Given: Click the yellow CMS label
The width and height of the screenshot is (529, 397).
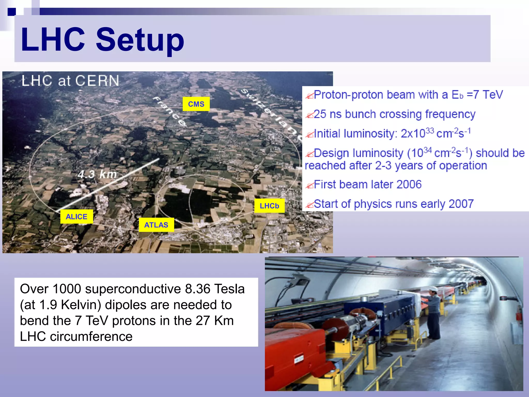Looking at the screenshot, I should pyautogui.click(x=196, y=104).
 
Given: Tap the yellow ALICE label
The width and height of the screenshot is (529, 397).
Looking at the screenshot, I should pyautogui.click(x=76, y=217).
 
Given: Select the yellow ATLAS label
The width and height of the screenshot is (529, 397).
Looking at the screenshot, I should pyautogui.click(x=156, y=225).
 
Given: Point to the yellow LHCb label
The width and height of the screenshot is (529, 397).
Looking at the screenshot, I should pyautogui.click(x=269, y=206).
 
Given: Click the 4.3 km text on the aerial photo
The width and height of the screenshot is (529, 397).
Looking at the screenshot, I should pyautogui.click(x=97, y=174).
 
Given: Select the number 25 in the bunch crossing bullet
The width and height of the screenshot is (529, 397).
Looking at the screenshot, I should pyautogui.click(x=320, y=114).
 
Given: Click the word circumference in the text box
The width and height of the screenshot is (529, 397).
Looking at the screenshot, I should pyautogui.click(x=91, y=337).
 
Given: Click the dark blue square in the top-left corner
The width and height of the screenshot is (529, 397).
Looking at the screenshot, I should pyautogui.click(x=12, y=12).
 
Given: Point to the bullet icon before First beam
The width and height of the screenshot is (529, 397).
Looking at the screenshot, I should pyautogui.click(x=309, y=185).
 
